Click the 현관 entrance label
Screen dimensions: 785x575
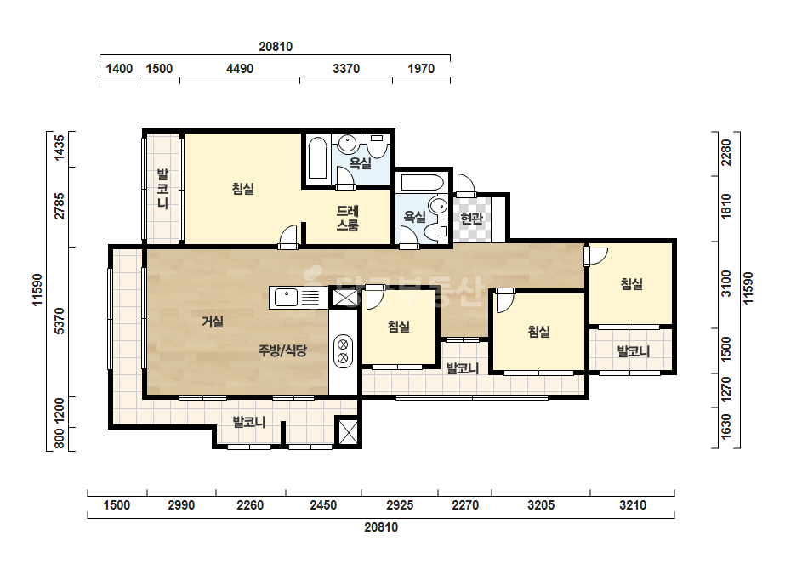pos(472,219)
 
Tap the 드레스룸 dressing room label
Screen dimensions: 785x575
pos(348,219)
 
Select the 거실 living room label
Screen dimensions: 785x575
pos(213,322)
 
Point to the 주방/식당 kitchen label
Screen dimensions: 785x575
pos(282,350)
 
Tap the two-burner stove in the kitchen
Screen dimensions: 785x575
pos(343,350)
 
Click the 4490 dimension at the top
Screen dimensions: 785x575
pos(240,69)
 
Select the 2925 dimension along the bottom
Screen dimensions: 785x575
pos(400,505)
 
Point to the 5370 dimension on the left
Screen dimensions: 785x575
pos(59,321)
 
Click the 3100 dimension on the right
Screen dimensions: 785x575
pos(726,283)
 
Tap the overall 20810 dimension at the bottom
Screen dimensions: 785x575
pos(381,527)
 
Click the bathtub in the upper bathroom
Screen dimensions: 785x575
pos(317,157)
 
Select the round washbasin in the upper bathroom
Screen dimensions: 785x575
pos(347,143)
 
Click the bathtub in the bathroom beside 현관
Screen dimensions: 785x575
pos(422,182)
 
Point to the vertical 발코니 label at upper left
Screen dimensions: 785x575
pos(162,189)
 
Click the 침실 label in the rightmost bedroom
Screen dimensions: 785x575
pos(632,284)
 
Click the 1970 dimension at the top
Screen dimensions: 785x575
pos(421,69)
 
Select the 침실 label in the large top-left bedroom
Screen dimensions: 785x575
pos(243,189)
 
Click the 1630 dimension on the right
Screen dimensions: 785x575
pos(726,427)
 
